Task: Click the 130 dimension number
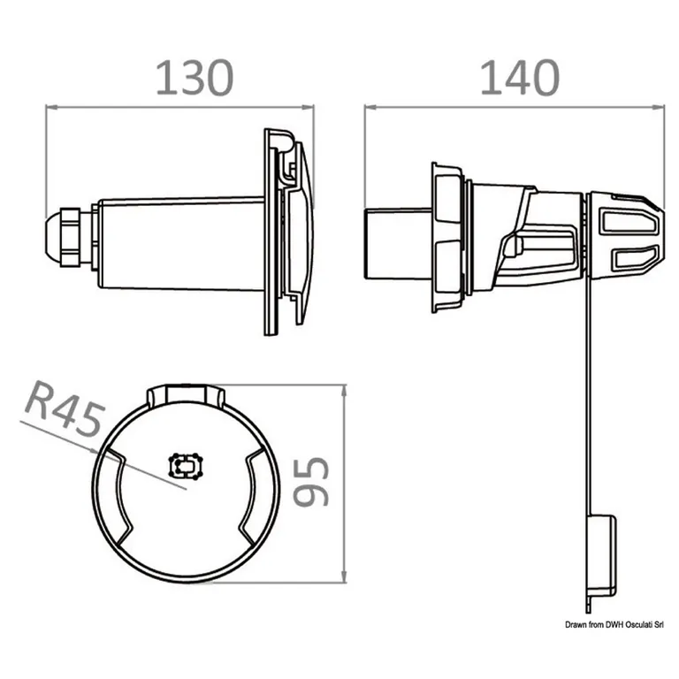195,79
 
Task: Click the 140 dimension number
519,79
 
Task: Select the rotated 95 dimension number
310,483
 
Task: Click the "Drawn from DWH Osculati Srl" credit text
612,625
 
